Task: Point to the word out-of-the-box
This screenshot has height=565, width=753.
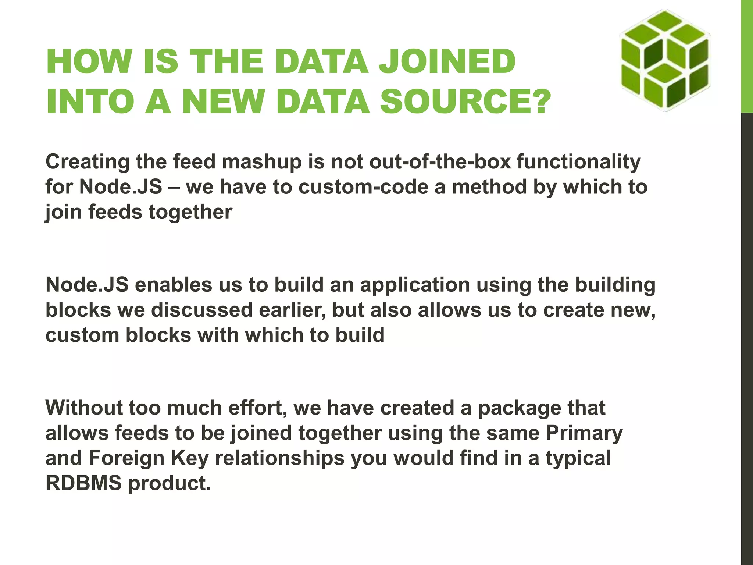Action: pyautogui.click(x=440, y=162)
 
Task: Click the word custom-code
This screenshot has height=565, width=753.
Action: pyautogui.click(x=363, y=187)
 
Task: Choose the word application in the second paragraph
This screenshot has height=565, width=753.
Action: pyautogui.click(x=415, y=285)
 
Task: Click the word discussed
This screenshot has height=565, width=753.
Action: pyautogui.click(x=202, y=310)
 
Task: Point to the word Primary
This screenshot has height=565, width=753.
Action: pyautogui.click(x=584, y=433)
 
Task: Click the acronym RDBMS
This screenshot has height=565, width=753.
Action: pyautogui.click(x=83, y=483)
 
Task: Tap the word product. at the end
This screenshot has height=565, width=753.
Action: pyautogui.click(x=169, y=483)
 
